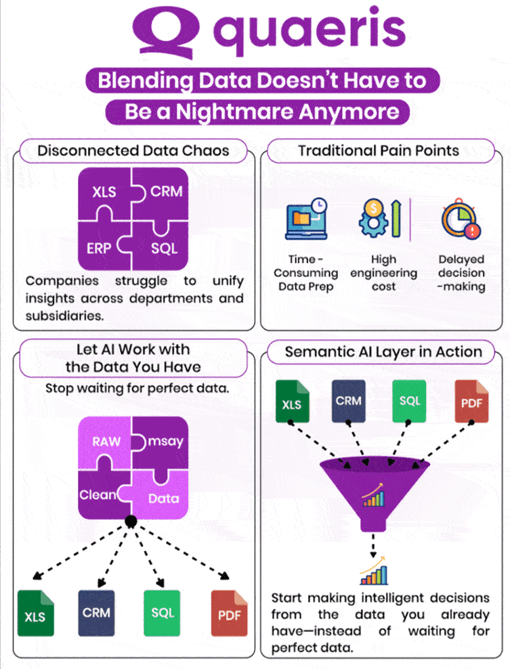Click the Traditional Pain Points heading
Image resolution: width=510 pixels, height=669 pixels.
pyautogui.click(x=379, y=150)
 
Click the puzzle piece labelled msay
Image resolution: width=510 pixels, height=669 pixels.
pyautogui.click(x=163, y=441)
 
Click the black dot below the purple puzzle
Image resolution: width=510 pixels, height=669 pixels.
pyautogui.click(x=131, y=521)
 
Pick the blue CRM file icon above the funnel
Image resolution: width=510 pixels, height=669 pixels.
pyautogui.click(x=349, y=401)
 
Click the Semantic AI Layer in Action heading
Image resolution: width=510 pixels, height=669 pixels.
pyautogui.click(x=383, y=352)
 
